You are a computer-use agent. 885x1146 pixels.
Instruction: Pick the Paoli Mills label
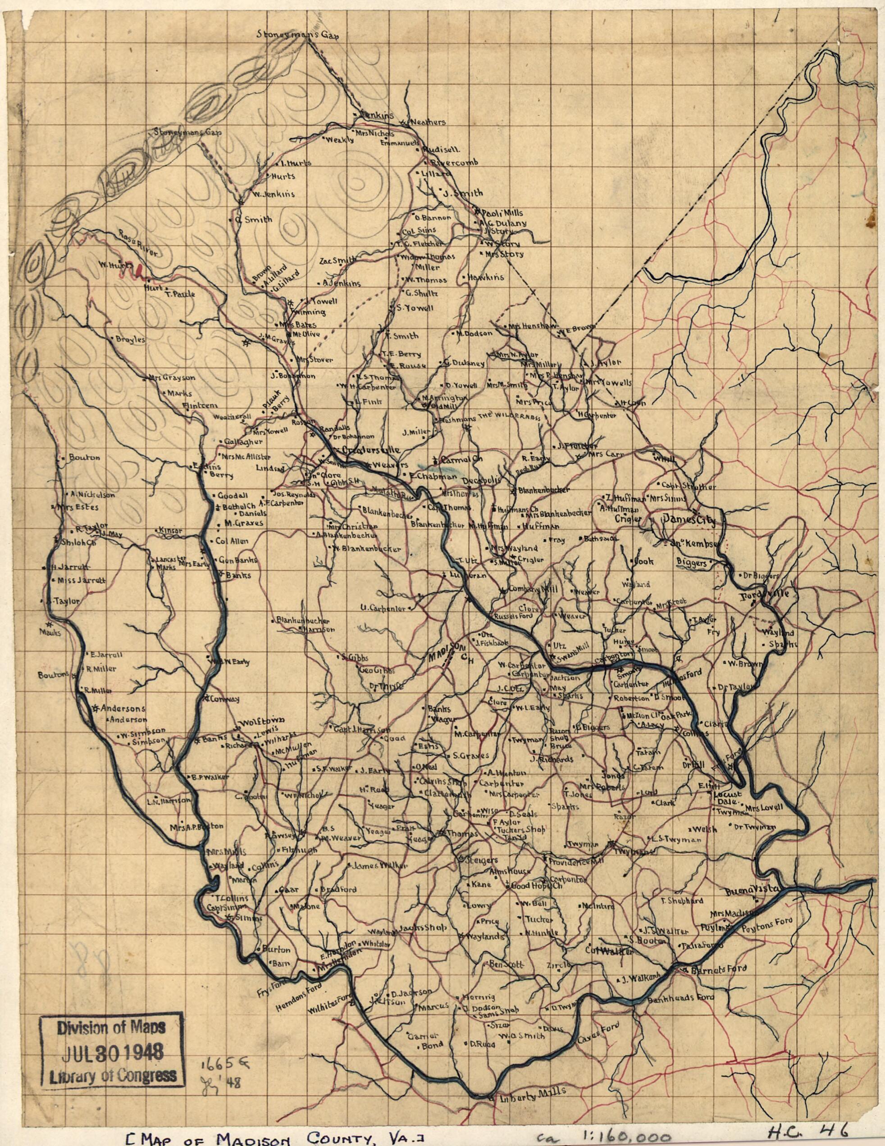(x=497, y=213)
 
